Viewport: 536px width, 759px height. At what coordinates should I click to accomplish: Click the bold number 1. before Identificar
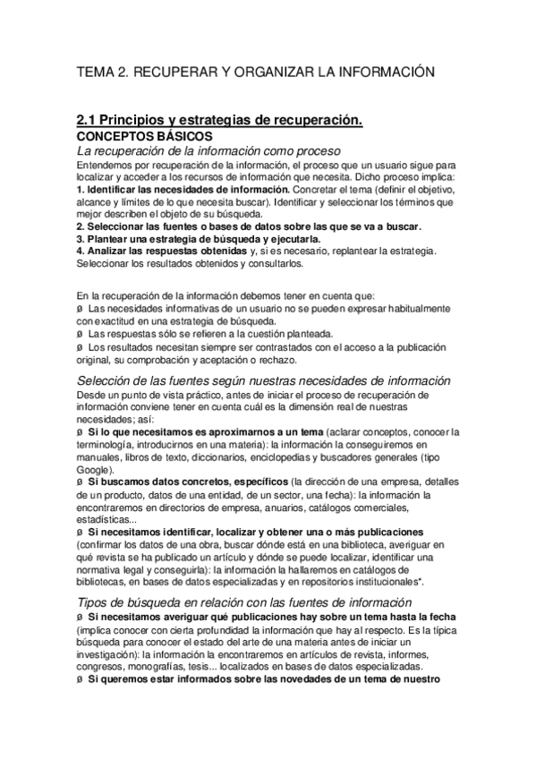tap(81, 190)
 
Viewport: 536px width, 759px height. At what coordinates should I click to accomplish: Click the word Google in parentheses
tap(94, 469)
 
